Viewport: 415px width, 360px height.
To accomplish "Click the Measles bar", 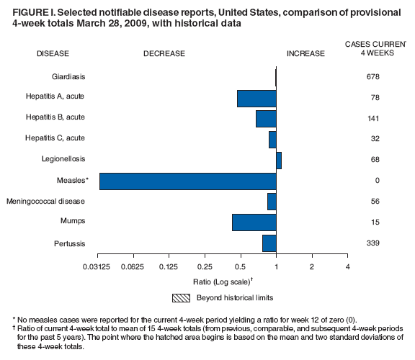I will [x=187, y=181].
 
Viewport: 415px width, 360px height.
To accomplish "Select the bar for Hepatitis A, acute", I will [x=256, y=98].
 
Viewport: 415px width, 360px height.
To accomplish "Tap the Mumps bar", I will [x=254, y=222].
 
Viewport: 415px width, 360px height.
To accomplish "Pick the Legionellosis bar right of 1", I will [x=279, y=160].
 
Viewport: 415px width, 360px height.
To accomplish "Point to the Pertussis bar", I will [x=269, y=243].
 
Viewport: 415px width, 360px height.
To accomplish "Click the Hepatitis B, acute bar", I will [x=266, y=119].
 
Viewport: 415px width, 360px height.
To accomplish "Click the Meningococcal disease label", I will [x=46, y=202].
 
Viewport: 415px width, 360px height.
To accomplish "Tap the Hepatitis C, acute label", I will [x=55, y=139].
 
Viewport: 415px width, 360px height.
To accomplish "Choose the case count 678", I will [x=372, y=77].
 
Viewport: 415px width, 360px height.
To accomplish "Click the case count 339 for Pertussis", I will [x=372, y=243].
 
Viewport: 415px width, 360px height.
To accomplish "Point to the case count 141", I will [x=372, y=119].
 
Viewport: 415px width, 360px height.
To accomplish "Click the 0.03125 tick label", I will [x=99, y=267].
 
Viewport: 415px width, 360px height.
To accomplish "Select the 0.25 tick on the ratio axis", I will [x=205, y=267].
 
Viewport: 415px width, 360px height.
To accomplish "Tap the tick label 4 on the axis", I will [x=347, y=267].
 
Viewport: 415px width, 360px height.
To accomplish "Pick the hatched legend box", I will [x=180, y=297].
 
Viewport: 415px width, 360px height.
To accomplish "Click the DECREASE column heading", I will [x=164, y=54].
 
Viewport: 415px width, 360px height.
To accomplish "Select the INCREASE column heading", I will [x=305, y=54].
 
